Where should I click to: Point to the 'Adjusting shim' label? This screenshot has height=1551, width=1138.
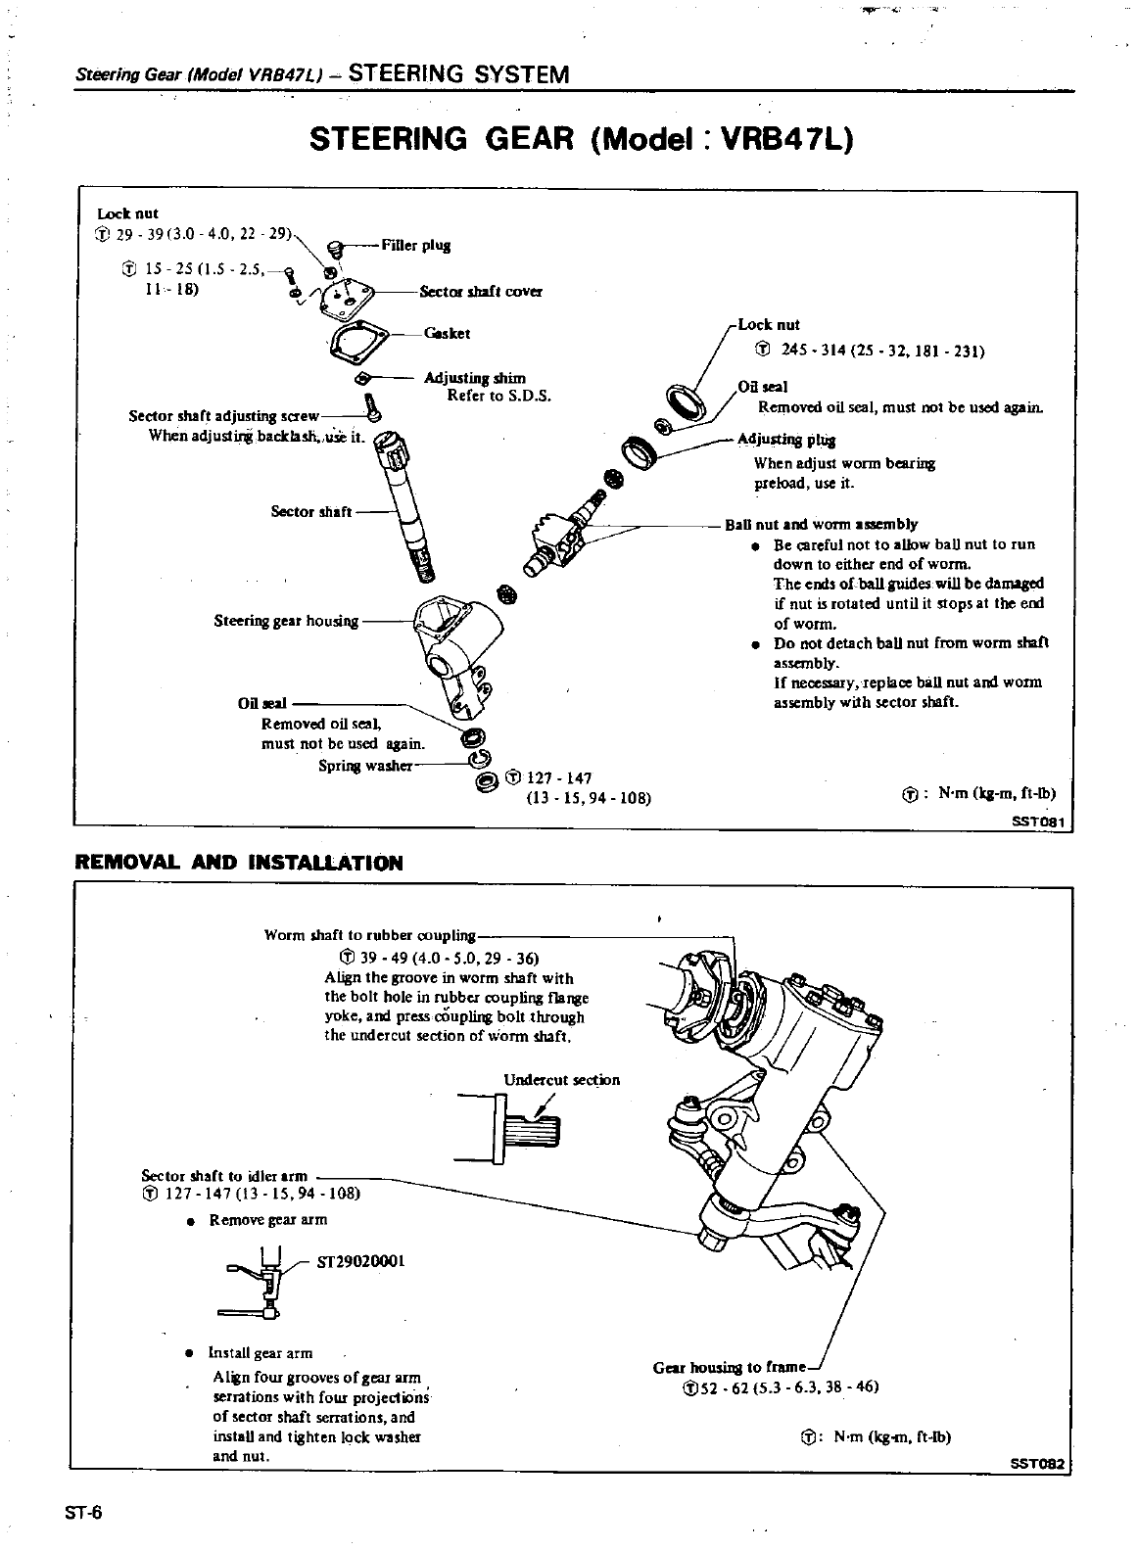tap(474, 378)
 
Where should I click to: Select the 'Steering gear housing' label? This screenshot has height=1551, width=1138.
tap(286, 621)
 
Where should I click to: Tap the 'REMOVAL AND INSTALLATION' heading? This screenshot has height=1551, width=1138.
tap(239, 863)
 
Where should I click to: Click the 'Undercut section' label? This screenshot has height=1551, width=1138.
tap(561, 1080)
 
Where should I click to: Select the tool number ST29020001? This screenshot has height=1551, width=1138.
tap(361, 1261)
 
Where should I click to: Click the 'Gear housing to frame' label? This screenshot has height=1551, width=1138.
tap(730, 1367)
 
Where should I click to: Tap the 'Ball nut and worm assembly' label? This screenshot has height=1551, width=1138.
tap(821, 524)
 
